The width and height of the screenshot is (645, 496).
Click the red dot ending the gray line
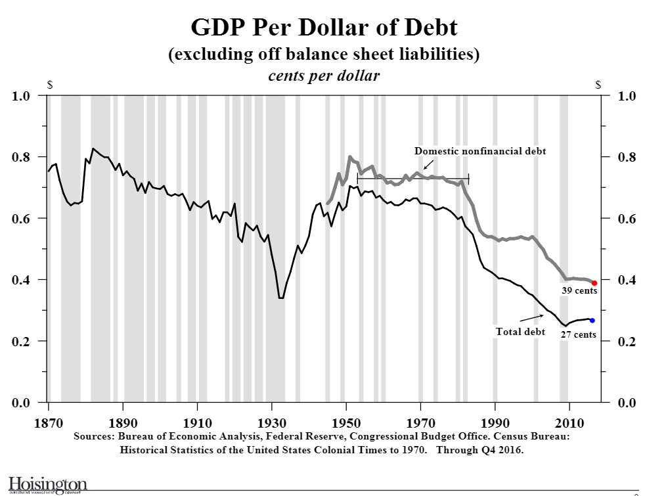point(594,282)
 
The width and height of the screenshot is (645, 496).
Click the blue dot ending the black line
point(592,321)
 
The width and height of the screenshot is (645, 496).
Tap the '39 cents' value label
point(579,291)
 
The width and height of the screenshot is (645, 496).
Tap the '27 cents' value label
point(578,334)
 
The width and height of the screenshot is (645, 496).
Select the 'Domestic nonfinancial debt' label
point(480,151)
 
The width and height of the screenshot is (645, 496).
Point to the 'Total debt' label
point(520,332)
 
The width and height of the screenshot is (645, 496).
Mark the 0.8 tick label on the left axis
point(22,157)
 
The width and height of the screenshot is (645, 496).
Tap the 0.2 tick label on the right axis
point(629,342)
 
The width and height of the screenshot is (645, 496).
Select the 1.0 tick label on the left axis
point(22,97)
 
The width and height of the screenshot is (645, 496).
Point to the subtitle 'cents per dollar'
point(324,76)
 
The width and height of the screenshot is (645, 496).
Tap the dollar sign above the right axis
point(598,85)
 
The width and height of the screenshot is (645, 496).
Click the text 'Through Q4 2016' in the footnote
point(479,450)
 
